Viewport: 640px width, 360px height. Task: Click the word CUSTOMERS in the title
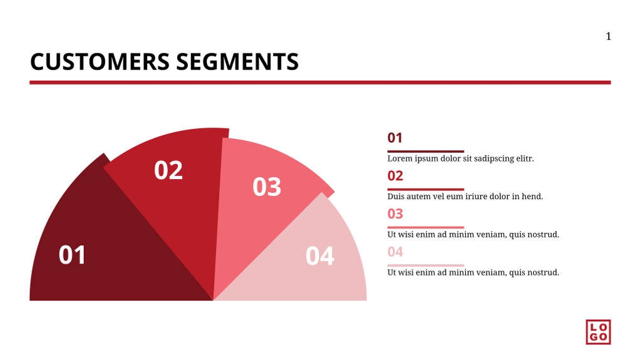tap(100, 62)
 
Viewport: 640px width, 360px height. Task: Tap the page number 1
tap(608, 36)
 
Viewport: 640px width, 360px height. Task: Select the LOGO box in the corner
tap(598, 332)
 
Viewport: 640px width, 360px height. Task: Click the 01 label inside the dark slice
tap(73, 255)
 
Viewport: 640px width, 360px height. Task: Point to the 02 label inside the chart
tap(168, 170)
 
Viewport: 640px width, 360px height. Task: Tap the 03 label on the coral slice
tap(267, 187)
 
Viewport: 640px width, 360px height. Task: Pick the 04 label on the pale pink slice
tap(320, 255)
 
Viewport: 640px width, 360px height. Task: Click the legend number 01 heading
tap(395, 138)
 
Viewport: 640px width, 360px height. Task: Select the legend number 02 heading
tap(395, 176)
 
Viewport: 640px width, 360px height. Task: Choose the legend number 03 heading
tap(395, 213)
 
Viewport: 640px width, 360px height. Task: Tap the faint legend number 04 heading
tap(395, 252)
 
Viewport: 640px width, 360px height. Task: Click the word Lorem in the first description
tap(400, 159)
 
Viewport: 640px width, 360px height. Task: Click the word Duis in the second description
tap(396, 197)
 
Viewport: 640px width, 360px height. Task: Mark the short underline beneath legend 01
tap(425, 151)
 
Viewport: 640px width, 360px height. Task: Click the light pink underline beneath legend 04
tap(425, 265)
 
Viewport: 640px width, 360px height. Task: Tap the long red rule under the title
tap(319, 82)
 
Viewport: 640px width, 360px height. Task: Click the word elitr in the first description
tap(524, 159)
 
